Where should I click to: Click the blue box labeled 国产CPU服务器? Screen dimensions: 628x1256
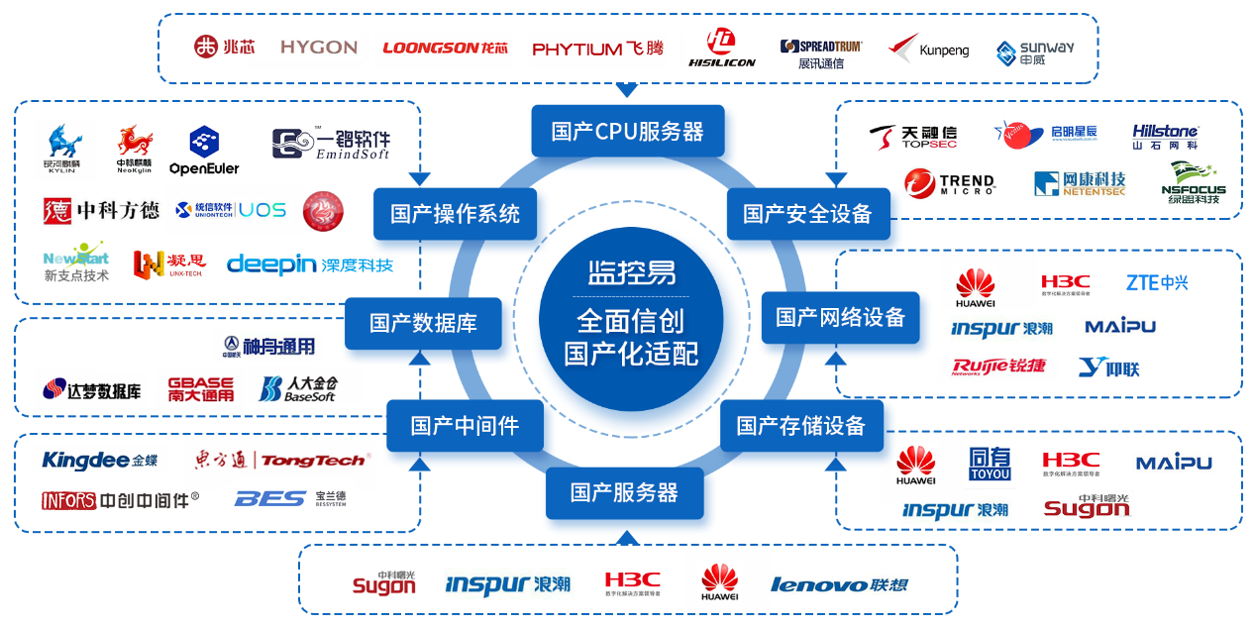tap(627, 131)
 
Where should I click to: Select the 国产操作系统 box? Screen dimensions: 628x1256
tap(455, 213)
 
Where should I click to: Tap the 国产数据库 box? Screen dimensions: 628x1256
tap(423, 323)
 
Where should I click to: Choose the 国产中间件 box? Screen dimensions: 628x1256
tap(464, 426)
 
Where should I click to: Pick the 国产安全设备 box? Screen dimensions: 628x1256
tap(807, 213)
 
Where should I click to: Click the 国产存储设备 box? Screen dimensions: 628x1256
tap(800, 426)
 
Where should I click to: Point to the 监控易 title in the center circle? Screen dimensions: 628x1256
tap(631, 271)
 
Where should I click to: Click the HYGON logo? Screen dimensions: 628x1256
tap(318, 47)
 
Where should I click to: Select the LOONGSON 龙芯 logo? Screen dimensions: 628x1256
tap(445, 48)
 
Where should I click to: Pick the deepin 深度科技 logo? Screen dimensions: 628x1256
tap(309, 264)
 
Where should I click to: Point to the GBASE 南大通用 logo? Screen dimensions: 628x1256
tap(200, 388)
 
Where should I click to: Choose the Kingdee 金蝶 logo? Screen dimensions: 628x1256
tap(99, 460)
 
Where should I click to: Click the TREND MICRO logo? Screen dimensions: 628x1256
tap(949, 184)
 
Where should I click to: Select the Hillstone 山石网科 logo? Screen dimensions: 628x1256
tap(1165, 137)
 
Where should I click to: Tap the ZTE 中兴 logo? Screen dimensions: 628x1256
tap(1156, 282)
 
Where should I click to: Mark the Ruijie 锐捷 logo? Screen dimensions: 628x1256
tap(997, 367)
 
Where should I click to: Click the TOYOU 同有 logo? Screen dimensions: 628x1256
tap(989, 464)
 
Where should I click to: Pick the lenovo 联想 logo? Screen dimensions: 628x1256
tap(838, 584)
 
